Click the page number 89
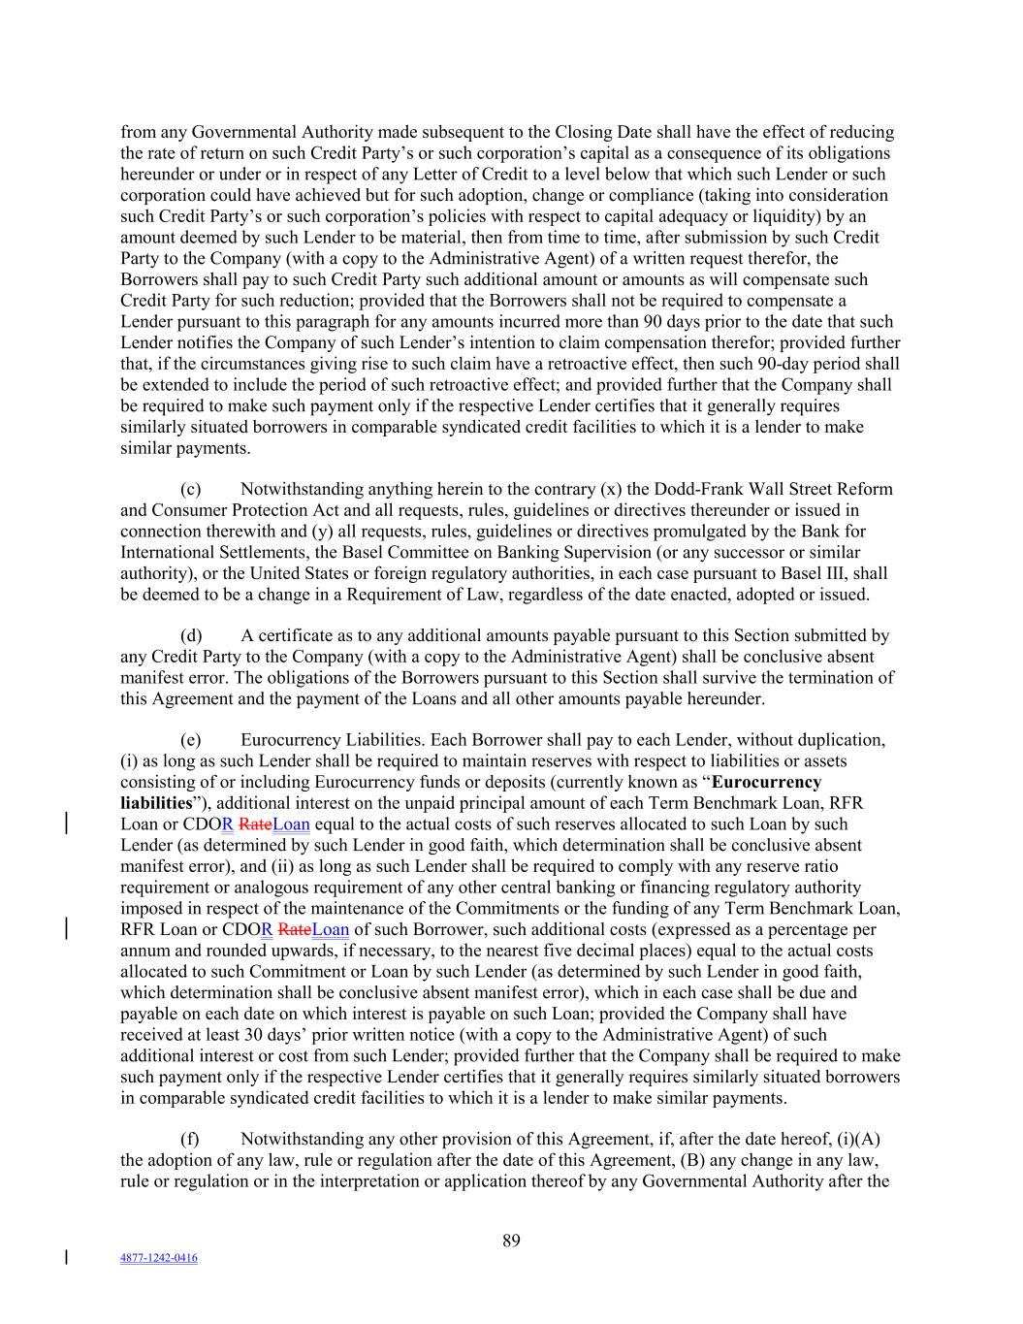click(x=511, y=1240)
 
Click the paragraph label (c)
click(x=191, y=489)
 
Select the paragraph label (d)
click(x=191, y=636)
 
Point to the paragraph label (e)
click(x=191, y=740)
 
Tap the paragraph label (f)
click(x=191, y=1139)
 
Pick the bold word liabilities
click(x=155, y=803)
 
